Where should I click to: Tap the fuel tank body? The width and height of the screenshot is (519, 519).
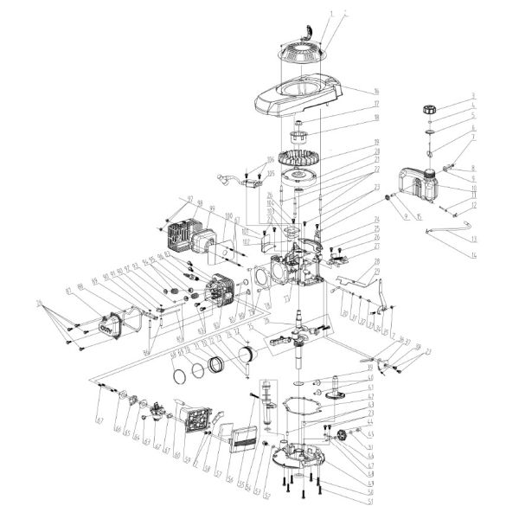421,186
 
